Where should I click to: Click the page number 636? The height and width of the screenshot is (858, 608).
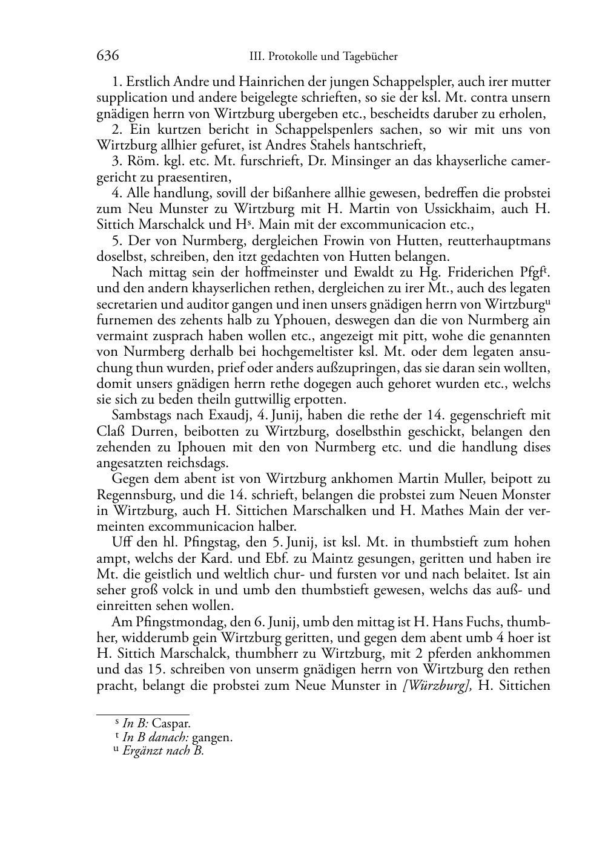pyautogui.click(x=107, y=56)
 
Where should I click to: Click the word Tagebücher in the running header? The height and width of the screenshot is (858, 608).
pyautogui.click(x=369, y=57)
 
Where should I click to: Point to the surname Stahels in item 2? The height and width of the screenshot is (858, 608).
pyautogui.click(x=332, y=145)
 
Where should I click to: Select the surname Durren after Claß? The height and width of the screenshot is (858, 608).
pyautogui.click(x=150, y=431)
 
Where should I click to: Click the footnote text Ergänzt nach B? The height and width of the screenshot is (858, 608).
pyautogui.click(x=164, y=752)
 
